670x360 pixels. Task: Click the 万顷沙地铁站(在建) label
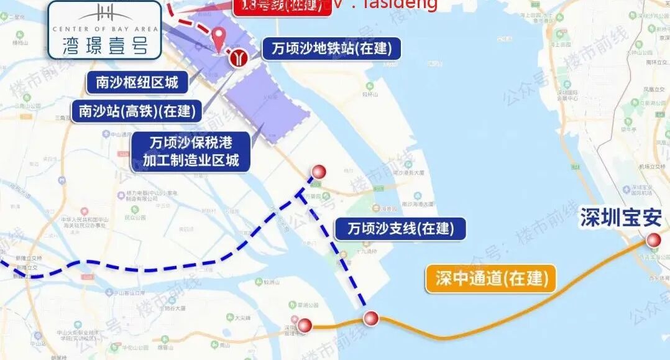click(x=331, y=48)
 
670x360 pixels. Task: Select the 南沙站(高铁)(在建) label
click(x=137, y=111)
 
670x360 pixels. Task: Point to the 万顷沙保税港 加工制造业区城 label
click(x=191, y=151)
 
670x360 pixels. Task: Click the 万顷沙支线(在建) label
click(x=400, y=229)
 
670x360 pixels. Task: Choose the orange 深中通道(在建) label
click(x=490, y=279)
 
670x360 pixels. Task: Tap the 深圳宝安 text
click(x=621, y=218)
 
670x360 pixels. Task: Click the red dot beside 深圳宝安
click(x=653, y=241)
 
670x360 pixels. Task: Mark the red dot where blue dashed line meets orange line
click(x=371, y=318)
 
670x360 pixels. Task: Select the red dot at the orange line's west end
click(x=305, y=325)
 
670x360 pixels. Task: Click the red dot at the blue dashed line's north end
click(x=318, y=172)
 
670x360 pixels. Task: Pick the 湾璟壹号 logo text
click(x=104, y=46)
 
